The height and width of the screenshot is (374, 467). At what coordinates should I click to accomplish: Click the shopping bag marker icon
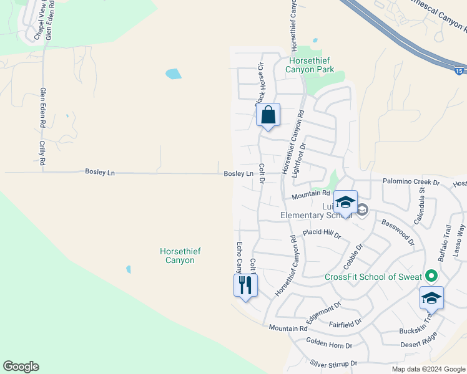point(268,115)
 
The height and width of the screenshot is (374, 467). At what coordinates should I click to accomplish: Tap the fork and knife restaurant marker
point(245,285)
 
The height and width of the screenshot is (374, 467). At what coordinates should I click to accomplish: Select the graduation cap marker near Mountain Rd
point(345,203)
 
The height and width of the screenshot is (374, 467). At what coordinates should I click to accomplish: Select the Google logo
point(21,367)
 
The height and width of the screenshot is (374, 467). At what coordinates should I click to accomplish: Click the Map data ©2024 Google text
point(428,369)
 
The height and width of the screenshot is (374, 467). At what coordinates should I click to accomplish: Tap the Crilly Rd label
point(42,152)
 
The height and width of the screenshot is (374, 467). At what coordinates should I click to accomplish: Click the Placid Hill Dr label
point(322,233)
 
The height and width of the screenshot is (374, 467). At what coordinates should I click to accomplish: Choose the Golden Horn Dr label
point(329,343)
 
